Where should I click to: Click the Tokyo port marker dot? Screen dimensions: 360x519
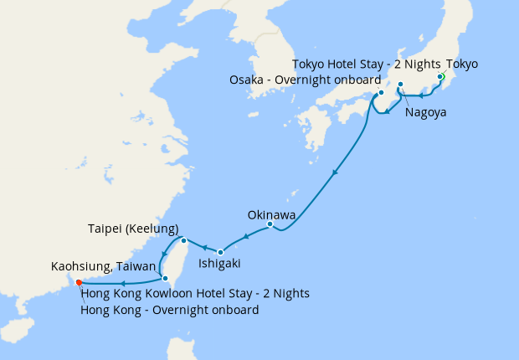point(440,77)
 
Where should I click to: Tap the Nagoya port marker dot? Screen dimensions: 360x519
point(401,85)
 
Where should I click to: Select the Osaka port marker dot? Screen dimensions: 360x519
point(380,93)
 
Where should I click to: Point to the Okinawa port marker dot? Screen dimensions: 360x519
point(270,224)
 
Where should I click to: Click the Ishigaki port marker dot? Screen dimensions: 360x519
point(220,252)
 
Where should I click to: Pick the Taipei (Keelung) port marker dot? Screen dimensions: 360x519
point(183,240)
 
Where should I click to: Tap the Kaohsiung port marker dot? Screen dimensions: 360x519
point(165,278)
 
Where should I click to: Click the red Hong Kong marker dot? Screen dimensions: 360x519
point(78,281)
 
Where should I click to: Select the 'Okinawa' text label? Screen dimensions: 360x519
point(271,214)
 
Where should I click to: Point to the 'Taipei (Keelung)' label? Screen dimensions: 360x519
point(133,229)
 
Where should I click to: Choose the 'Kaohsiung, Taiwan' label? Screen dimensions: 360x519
point(103,267)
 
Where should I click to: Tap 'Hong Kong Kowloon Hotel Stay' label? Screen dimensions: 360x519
point(195,293)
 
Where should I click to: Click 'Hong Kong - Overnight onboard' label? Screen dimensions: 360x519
point(169,310)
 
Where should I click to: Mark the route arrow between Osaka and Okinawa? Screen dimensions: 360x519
point(335,173)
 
